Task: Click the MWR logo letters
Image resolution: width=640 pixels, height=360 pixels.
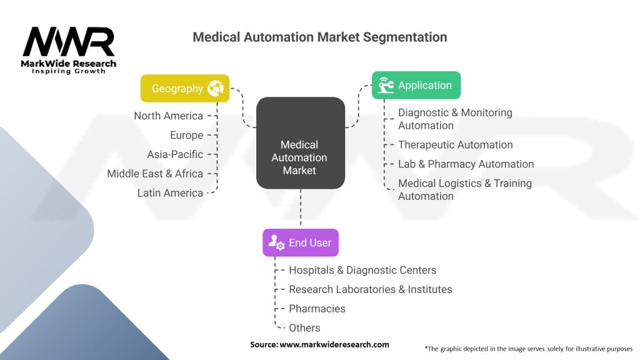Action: pos(69,42)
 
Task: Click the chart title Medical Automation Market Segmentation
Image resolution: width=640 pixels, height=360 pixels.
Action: pos(319,37)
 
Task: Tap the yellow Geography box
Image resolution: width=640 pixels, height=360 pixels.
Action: pos(184,88)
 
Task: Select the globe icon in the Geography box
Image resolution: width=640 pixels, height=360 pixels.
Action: pos(216,88)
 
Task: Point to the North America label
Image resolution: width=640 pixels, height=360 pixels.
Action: pos(168,116)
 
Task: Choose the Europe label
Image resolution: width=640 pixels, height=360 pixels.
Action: pos(186,135)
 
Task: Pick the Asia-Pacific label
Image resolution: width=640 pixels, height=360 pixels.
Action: pos(175,154)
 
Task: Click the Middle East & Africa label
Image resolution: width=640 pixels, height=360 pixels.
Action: pos(155,174)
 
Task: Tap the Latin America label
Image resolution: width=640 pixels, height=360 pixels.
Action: pos(170,193)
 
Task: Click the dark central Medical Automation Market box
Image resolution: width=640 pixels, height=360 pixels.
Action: pos(300,143)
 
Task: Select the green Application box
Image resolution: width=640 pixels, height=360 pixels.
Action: pos(416,85)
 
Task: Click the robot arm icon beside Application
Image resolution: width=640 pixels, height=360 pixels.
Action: pos(386,86)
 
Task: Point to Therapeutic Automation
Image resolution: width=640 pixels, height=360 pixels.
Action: pos(455,145)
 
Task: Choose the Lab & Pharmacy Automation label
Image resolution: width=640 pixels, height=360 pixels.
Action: pos(466,164)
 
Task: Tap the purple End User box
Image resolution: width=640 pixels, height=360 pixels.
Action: pos(301,242)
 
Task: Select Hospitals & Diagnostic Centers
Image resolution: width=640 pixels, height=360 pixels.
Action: pos(362,270)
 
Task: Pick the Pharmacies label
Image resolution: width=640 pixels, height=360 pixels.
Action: pos(317,309)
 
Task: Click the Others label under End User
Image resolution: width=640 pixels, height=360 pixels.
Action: pos(304,328)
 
